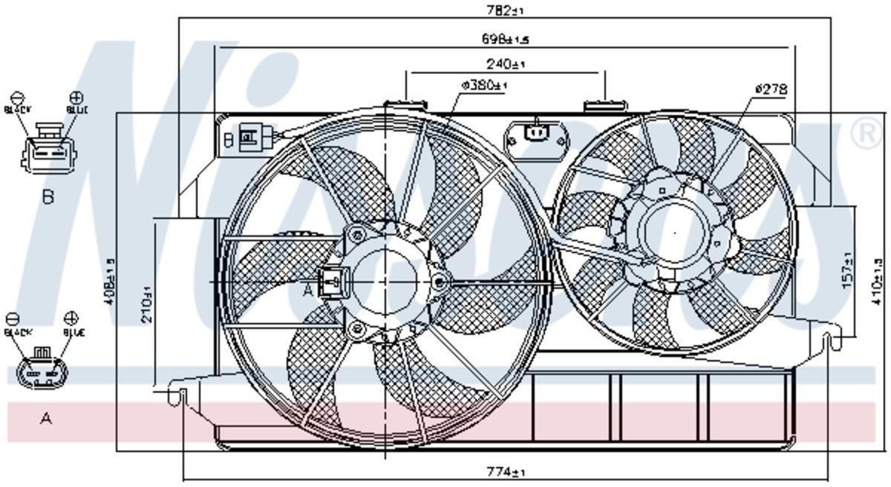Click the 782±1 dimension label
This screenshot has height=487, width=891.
click(x=505, y=10)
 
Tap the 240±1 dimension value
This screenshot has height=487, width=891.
click(x=506, y=65)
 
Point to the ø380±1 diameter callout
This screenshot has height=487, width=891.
click(x=483, y=85)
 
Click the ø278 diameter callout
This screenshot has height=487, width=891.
click(x=771, y=89)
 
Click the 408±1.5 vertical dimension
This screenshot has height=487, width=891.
click(x=111, y=282)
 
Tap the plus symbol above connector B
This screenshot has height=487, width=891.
click(x=76, y=97)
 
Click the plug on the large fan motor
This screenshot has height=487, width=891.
click(x=330, y=281)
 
